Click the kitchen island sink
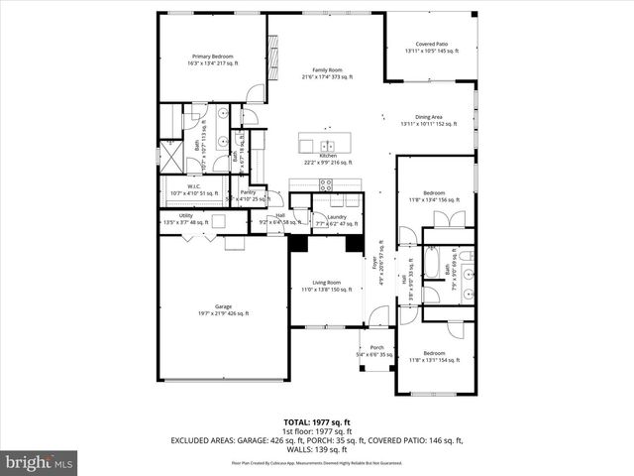pos(320,138)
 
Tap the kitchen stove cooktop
pos(326,183)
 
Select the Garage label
pos(223,309)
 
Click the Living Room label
pos(327,286)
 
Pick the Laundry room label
pos(337,220)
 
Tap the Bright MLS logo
pos(40,462)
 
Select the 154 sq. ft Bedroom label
pos(435,357)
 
